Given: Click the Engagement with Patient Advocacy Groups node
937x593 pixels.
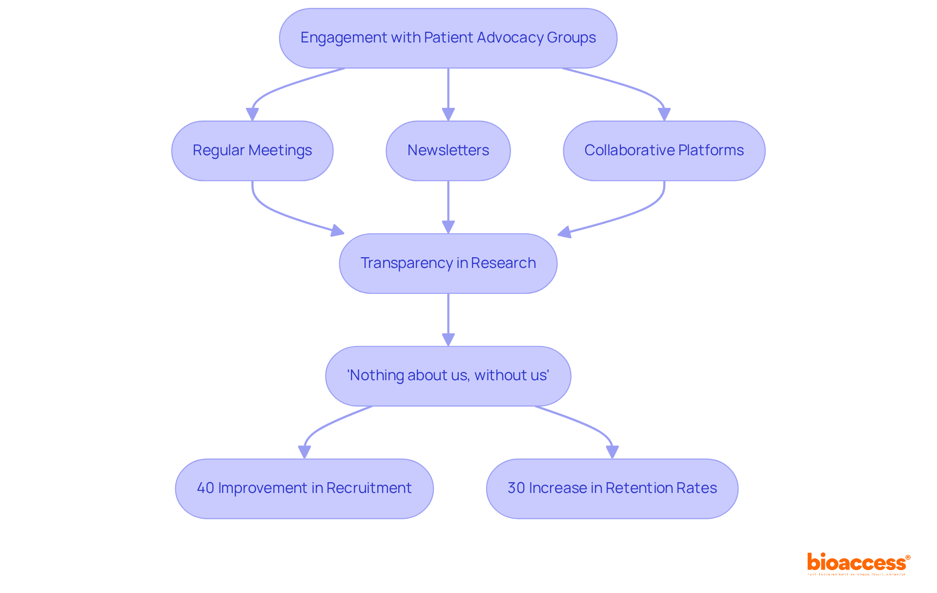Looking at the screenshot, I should [448, 38].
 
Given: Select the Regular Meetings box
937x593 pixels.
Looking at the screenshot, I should [252, 151].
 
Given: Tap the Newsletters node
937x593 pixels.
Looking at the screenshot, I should [448, 151].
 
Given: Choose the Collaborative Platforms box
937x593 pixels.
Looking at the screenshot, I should [664, 151].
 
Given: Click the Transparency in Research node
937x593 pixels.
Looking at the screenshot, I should [448, 264].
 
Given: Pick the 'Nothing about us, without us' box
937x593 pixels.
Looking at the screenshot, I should [448, 376].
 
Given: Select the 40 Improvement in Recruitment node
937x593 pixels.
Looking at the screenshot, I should [304, 489].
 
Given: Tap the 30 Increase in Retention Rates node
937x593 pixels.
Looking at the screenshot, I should [612, 489].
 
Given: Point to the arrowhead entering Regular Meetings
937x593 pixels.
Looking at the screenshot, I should [252, 115].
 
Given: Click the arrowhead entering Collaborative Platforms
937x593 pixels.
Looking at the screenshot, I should [664, 115].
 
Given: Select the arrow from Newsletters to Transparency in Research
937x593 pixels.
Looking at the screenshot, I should [448, 205].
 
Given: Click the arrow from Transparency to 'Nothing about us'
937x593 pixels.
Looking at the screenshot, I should [448, 317].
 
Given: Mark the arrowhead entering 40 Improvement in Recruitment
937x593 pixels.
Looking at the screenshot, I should [304, 452].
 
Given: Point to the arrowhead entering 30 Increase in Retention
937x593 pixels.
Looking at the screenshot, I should [612, 452].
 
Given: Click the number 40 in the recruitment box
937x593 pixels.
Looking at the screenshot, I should [205, 488].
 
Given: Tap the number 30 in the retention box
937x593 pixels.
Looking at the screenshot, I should [516, 488].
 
